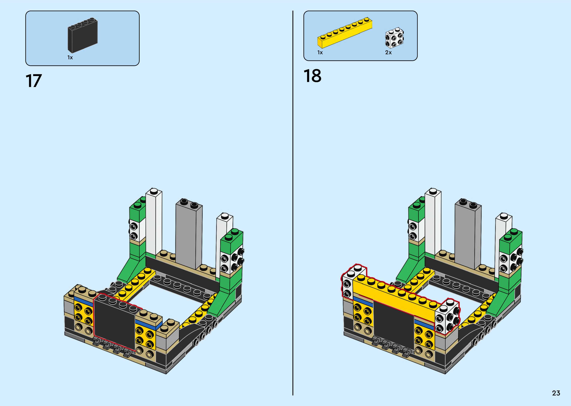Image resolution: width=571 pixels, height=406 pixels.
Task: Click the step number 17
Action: click(33, 81)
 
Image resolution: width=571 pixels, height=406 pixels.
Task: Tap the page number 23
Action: click(556, 393)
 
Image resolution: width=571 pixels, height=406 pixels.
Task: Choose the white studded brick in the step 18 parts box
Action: click(394, 38)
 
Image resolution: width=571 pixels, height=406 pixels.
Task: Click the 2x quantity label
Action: click(388, 52)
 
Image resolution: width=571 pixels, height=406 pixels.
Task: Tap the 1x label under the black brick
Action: click(70, 57)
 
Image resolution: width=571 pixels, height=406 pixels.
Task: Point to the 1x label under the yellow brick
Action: click(320, 52)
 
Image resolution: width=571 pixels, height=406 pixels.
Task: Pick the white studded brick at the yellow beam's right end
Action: click(447, 318)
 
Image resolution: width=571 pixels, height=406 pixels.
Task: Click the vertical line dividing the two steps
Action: click(293, 200)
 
